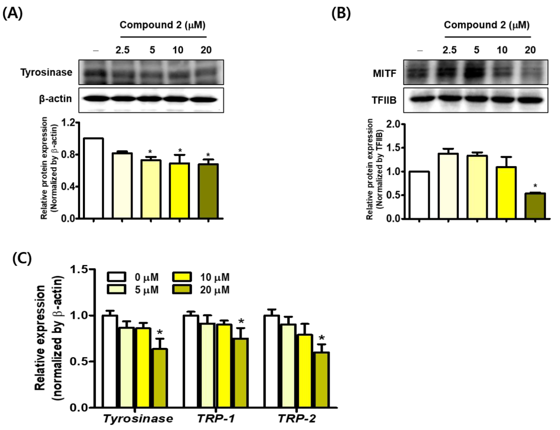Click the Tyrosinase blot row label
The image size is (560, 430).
tap(46, 72)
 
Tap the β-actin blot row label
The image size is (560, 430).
tap(55, 99)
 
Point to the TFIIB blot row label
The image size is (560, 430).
tap(384, 100)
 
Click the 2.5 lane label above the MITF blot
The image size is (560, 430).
tap(450, 50)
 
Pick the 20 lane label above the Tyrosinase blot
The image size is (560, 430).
tap(206, 50)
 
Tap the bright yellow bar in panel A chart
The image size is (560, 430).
tap(179, 191)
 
